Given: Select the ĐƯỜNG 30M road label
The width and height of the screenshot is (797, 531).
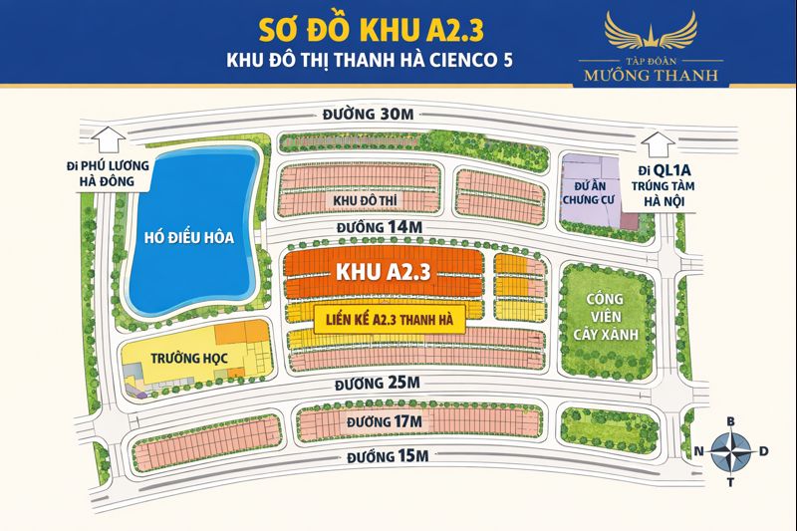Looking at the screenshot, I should coord(368,115).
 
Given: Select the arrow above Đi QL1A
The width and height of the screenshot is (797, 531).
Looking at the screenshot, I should coord(657,143).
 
